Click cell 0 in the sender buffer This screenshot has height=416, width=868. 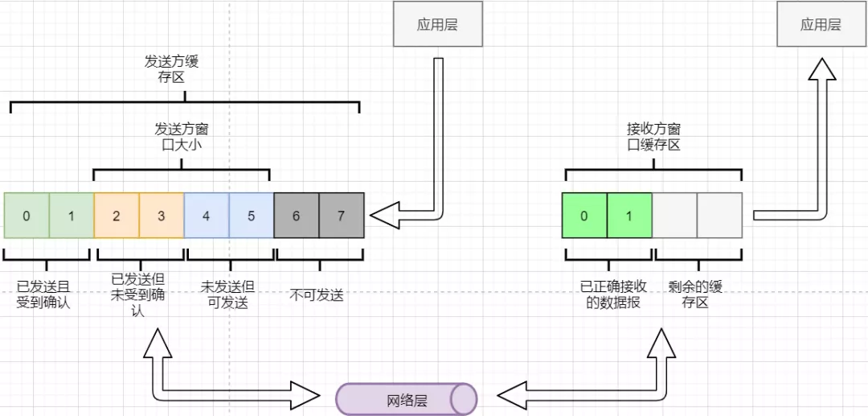coord(27,216)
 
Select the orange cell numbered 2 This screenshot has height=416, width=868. coord(117,216)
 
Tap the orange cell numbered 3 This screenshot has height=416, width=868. coord(162,216)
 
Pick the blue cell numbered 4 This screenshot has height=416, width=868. coord(207,216)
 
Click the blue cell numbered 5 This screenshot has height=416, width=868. coord(252,216)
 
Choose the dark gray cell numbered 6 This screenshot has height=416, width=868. coord(297,216)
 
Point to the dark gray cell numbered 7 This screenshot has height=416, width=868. coord(342,216)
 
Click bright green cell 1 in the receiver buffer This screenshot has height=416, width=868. coord(629,216)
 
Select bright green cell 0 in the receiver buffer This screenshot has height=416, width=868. coord(584,216)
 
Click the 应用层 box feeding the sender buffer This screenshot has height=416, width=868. coord(437,24)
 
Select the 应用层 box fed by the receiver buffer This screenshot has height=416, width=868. coord(821,24)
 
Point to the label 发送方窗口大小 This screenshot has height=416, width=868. coord(182,136)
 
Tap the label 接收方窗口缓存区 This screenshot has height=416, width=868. coord(653,136)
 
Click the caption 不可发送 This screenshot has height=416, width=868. coord(316,294)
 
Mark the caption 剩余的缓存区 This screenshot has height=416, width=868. coord(696,294)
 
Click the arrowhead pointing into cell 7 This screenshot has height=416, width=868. coord(383,216)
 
